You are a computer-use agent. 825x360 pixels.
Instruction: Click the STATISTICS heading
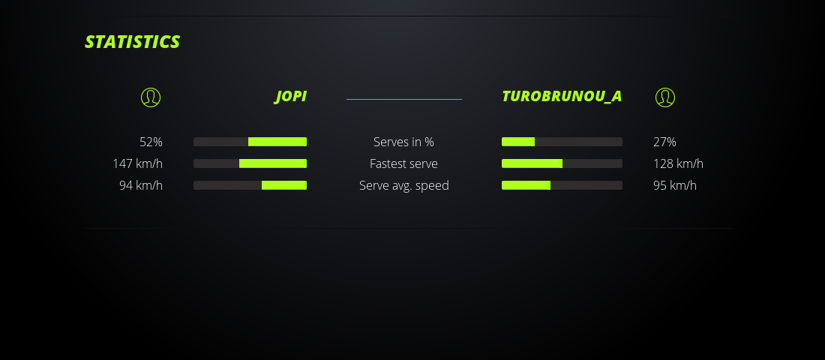(x=132, y=42)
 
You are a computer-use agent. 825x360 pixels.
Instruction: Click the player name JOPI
(x=290, y=97)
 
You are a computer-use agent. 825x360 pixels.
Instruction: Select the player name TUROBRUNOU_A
(x=562, y=97)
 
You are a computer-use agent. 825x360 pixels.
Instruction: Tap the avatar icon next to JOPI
(x=151, y=97)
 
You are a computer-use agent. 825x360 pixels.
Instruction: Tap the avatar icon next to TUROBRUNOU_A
(x=665, y=97)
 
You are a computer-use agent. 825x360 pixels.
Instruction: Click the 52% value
(x=151, y=142)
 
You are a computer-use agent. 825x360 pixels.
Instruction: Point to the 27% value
(x=664, y=142)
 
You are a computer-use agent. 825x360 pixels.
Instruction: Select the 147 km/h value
(x=137, y=163)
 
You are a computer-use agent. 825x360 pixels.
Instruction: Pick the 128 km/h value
(x=678, y=163)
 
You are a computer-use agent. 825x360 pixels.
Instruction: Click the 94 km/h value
(x=141, y=185)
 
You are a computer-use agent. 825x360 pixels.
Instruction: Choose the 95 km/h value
(x=675, y=185)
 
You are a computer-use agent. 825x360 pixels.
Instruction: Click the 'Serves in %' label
(x=403, y=142)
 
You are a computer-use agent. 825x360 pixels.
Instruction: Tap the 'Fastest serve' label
(x=403, y=163)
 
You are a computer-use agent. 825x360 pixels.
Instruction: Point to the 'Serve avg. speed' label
(x=403, y=185)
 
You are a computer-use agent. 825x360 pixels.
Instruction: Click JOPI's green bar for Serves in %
(x=277, y=142)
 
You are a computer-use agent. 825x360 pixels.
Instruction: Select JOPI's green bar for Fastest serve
(x=273, y=163)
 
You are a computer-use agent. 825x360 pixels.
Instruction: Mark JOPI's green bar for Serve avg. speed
(x=284, y=185)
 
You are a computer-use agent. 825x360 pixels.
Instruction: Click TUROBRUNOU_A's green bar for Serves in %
(x=518, y=142)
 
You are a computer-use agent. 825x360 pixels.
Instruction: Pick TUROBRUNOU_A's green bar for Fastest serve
(x=532, y=163)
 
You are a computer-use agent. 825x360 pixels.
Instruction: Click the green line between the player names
(x=404, y=99)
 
